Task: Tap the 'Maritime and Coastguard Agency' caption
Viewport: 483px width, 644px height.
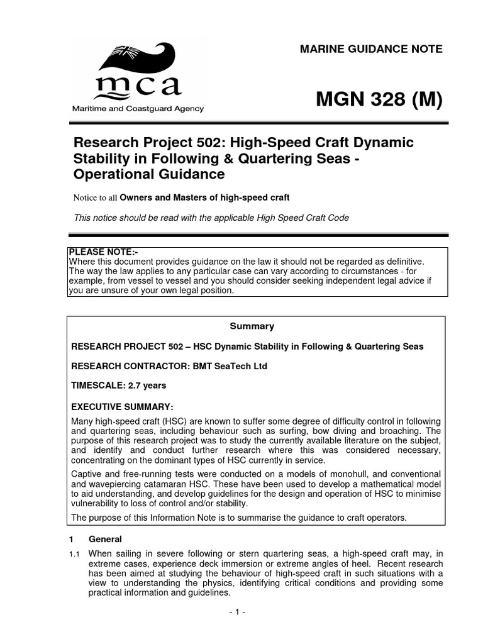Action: point(137,109)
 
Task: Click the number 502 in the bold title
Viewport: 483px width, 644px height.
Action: point(193,142)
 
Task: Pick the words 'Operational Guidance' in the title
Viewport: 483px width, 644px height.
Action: point(150,174)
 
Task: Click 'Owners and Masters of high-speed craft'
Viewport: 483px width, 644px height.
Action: point(204,197)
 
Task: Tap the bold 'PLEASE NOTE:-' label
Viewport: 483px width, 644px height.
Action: point(103,252)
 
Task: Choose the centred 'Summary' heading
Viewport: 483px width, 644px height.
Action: point(252,326)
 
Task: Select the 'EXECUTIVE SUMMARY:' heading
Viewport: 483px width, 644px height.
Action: point(122,406)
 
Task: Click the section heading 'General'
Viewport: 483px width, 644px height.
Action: point(105,539)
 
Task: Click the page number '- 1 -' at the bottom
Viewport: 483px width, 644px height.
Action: point(236,612)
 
